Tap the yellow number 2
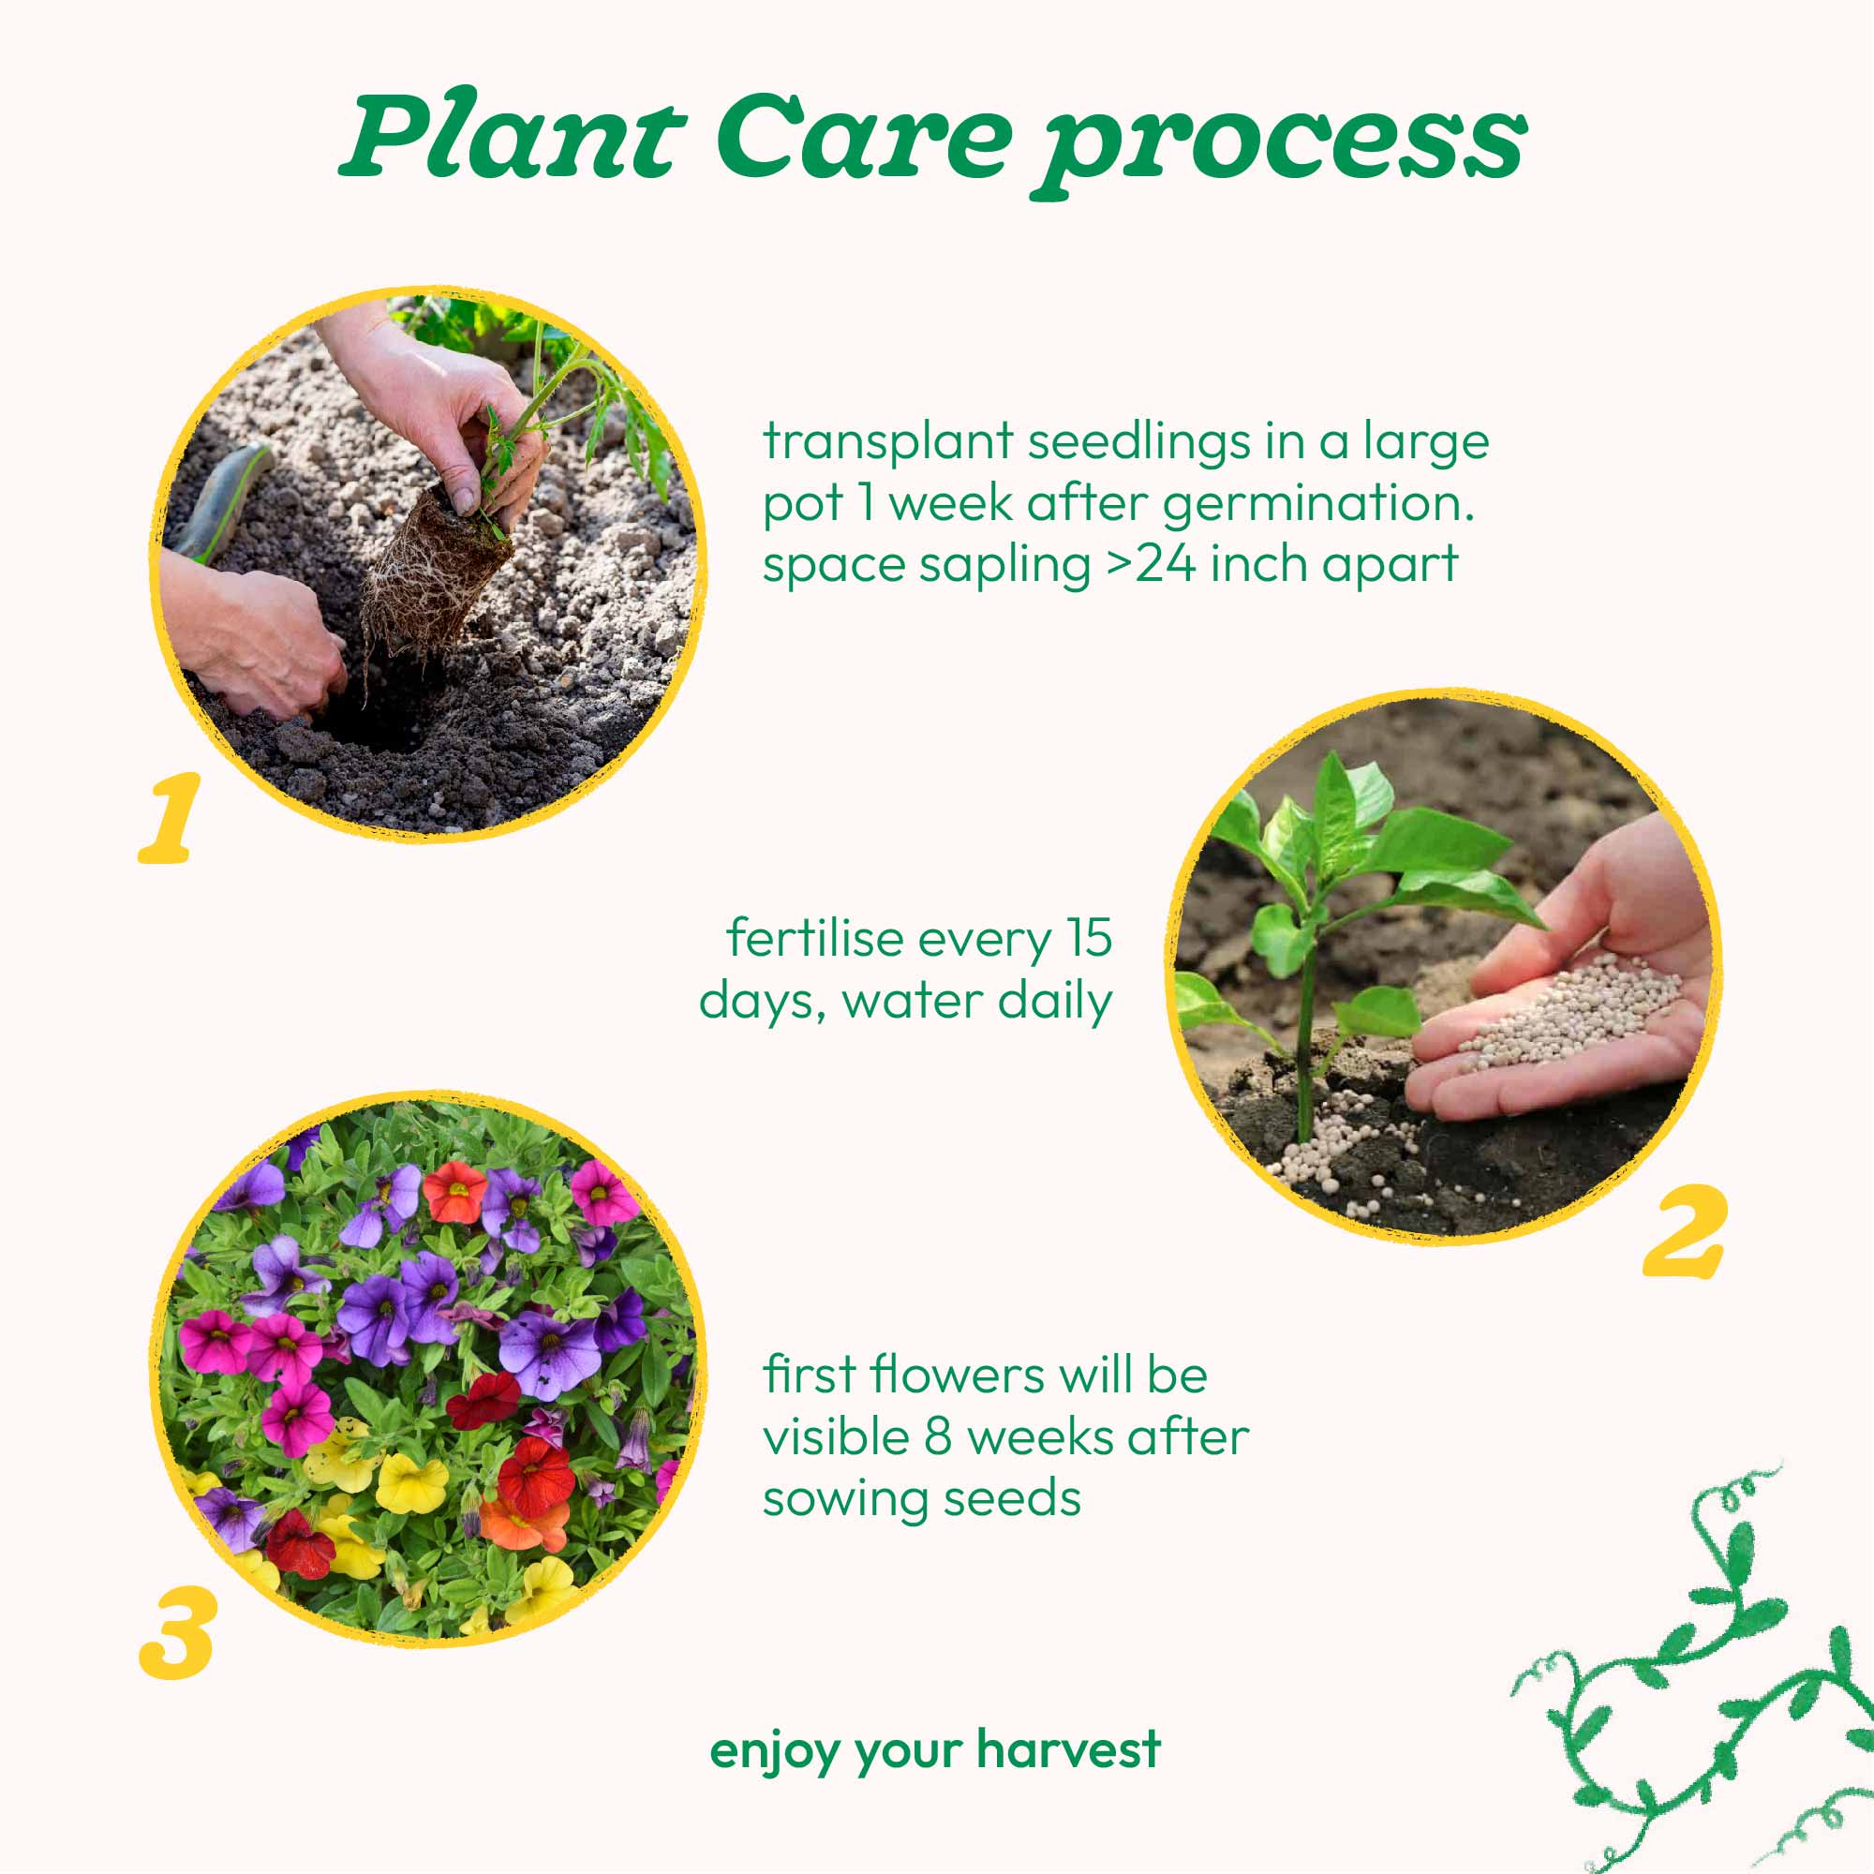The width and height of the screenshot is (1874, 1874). [1686, 1231]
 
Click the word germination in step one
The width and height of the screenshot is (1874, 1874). [1317, 503]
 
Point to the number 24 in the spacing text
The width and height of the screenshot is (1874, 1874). [1166, 563]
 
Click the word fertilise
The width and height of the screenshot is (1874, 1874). [814, 938]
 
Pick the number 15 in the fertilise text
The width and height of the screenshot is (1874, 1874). [1088, 938]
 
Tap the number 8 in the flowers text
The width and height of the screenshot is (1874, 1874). [937, 1436]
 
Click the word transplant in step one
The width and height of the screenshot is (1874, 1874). [887, 442]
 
